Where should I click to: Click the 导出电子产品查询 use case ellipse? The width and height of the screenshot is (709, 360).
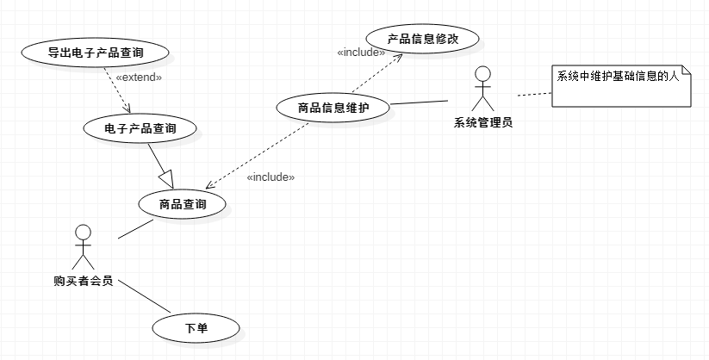click(x=95, y=53)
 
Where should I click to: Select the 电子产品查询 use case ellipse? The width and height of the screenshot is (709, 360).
click(x=140, y=128)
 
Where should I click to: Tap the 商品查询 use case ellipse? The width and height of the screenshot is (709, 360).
click(x=183, y=204)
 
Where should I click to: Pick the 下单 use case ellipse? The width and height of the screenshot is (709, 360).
click(x=196, y=327)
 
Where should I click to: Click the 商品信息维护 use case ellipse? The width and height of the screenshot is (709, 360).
click(x=333, y=108)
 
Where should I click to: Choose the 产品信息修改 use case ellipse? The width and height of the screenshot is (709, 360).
click(x=422, y=39)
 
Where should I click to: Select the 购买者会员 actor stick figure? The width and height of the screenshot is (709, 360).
click(x=83, y=248)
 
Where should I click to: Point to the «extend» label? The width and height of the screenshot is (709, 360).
click(x=138, y=78)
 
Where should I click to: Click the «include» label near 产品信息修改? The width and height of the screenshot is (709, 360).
click(x=361, y=52)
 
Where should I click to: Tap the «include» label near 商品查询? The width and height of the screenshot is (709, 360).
click(x=271, y=177)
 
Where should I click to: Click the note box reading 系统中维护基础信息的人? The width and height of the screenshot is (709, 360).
click(x=620, y=85)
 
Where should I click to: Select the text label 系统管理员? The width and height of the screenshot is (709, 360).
click(x=482, y=122)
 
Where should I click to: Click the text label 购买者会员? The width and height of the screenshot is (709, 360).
click(x=83, y=281)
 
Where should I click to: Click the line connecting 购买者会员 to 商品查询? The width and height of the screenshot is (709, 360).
click(x=134, y=227)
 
